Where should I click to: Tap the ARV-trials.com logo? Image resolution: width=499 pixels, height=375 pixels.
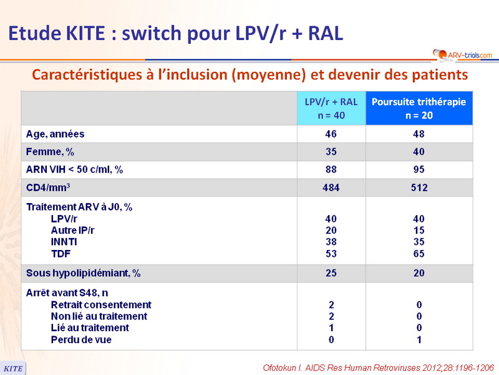462,56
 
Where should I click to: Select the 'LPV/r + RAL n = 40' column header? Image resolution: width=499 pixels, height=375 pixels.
331,108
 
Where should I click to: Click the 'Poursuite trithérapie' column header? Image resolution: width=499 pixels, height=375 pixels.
419,108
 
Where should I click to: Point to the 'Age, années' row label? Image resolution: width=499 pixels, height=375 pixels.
55,134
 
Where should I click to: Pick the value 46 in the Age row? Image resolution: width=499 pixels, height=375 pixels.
331,134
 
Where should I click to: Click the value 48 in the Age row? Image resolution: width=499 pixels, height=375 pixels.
419,134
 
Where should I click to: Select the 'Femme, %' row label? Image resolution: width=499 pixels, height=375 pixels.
52,151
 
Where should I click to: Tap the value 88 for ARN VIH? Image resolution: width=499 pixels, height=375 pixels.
331,169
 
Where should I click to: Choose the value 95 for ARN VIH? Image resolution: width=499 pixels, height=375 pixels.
419,169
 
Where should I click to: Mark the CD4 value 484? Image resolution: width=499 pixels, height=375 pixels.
331,187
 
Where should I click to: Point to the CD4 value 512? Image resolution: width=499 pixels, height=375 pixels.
419,187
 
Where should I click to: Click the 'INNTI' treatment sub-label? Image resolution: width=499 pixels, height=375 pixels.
65,241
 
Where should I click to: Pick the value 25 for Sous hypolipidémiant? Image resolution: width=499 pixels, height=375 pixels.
331,273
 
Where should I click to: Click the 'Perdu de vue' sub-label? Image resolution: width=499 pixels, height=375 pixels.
81,339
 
